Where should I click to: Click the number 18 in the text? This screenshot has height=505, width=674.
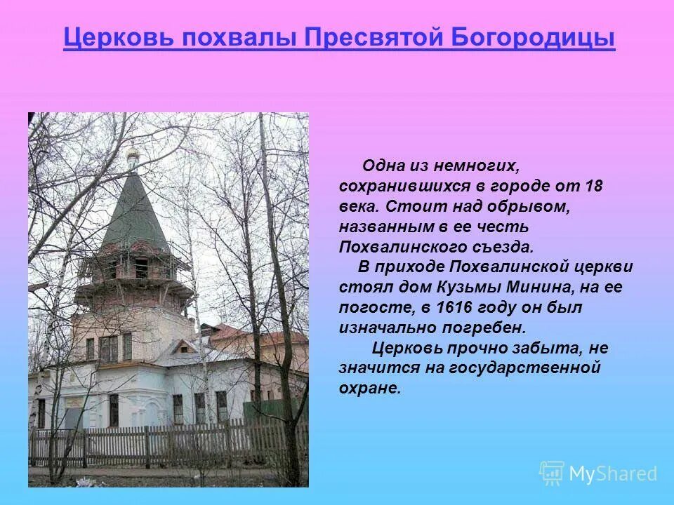[x=595, y=187]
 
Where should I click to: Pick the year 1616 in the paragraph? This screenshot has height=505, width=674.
[x=456, y=307]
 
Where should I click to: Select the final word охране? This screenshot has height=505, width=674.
[x=369, y=388]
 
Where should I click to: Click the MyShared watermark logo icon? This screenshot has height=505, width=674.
[x=552, y=473]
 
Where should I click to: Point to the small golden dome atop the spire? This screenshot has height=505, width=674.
[x=131, y=156]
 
